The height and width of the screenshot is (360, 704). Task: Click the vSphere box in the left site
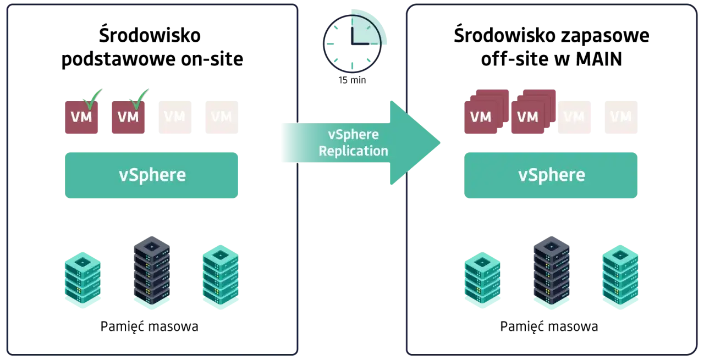click(152, 175)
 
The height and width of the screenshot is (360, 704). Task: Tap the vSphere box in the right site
click(551, 175)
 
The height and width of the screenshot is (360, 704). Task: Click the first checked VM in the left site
click(81, 117)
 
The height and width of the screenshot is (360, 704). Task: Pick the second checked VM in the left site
click(128, 117)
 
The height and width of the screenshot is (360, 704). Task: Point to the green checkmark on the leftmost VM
click(92, 98)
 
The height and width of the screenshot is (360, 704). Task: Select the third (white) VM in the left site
click(175, 117)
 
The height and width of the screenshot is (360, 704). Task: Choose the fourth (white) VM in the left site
click(222, 117)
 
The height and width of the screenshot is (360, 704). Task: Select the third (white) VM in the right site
click(574, 117)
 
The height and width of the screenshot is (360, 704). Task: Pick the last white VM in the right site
click(620, 117)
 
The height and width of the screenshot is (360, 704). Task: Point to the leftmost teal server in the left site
click(82, 279)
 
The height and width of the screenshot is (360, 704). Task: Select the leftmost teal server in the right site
click(482, 279)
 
